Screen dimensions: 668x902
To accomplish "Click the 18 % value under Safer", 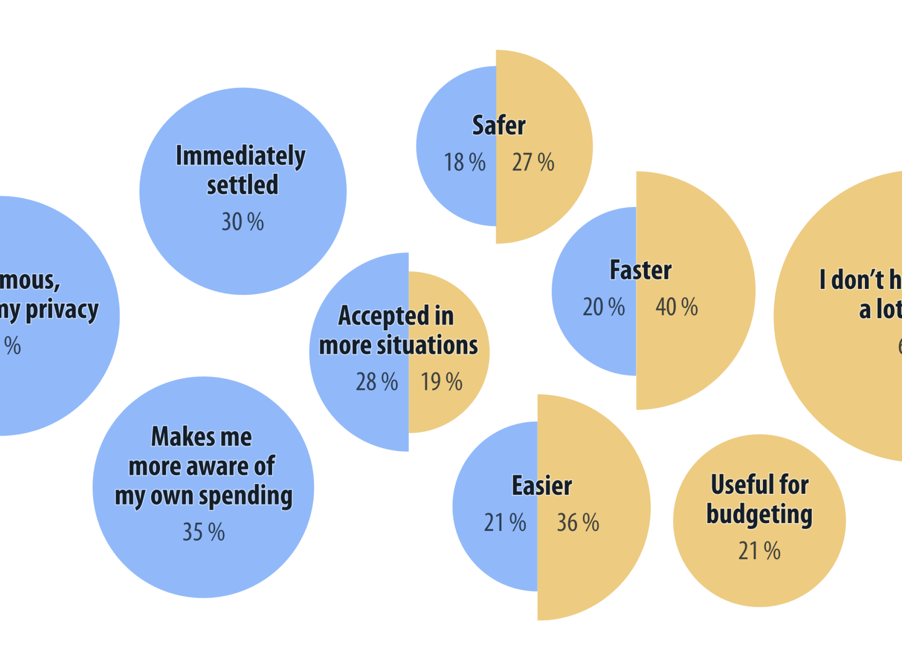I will (464, 162).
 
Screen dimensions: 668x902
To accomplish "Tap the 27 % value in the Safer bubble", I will (533, 162).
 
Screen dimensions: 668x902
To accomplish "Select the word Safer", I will (499, 125).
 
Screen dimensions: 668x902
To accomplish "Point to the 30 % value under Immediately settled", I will (243, 222).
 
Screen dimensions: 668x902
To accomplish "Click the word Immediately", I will (241, 156).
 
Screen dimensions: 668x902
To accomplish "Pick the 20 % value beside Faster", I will (604, 307).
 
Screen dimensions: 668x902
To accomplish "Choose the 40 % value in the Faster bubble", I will (676, 307).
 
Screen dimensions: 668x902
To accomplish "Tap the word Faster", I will (641, 270).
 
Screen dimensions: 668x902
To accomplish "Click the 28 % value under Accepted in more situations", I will (377, 382).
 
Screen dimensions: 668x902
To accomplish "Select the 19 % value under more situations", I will (441, 382).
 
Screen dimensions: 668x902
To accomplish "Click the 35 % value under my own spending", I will (204, 532).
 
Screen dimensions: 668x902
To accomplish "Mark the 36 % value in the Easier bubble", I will (578, 523).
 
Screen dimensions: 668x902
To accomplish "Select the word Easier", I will (542, 486).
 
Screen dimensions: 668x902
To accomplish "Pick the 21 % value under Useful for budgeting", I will (759, 551).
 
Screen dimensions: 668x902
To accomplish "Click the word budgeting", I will (759, 514).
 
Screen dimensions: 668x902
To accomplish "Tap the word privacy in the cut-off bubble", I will (62, 310).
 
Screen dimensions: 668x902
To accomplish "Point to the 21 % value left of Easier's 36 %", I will (505, 523).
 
